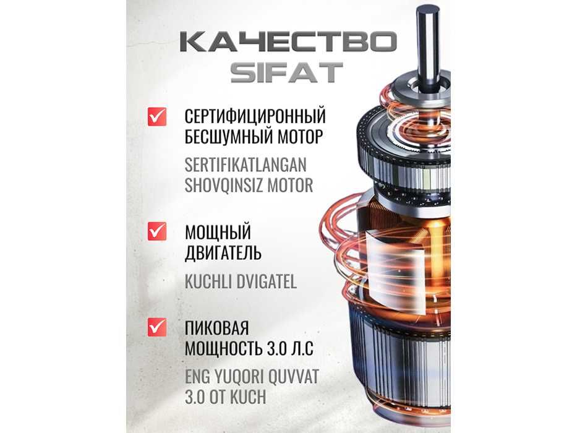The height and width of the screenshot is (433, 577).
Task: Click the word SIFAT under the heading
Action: click(286, 73)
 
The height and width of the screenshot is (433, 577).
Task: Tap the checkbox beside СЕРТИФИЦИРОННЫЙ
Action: click(157, 116)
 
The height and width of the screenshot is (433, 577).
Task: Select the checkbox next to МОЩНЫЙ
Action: click(157, 231)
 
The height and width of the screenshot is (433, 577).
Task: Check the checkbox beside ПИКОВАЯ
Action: click(157, 327)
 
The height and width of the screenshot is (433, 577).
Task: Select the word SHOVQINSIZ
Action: click(225, 185)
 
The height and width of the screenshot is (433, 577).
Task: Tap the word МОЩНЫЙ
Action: click(218, 233)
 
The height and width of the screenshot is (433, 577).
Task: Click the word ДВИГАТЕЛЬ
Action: click(223, 253)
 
